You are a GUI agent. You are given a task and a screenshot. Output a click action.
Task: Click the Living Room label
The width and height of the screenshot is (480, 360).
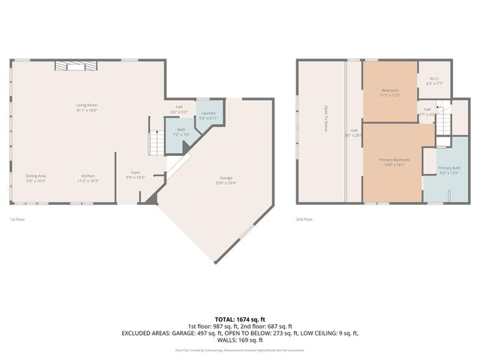coord(87,107)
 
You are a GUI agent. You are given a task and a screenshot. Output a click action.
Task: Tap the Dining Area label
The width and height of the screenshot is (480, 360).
coord(36,178)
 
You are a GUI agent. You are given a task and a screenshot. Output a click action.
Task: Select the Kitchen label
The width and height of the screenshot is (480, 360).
coord(88,178)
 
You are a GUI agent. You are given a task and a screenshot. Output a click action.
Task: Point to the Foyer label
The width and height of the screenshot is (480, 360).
coord(135,175)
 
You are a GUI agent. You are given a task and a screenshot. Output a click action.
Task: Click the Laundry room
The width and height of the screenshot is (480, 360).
coord(208,115)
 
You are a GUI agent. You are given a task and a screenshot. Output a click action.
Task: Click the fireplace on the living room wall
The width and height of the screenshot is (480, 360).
coord(75,66)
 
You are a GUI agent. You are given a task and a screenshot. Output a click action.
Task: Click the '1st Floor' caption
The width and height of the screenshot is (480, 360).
coord(19,220)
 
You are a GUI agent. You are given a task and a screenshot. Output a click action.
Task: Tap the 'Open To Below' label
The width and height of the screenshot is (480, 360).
coord(325,118)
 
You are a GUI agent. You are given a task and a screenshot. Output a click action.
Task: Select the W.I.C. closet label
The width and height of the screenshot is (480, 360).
coord(434,81)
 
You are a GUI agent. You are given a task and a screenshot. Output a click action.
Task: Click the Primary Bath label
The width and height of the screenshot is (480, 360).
coord(449,170)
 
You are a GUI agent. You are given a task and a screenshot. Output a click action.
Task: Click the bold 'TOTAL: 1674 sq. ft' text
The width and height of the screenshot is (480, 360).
coord(240,319)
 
